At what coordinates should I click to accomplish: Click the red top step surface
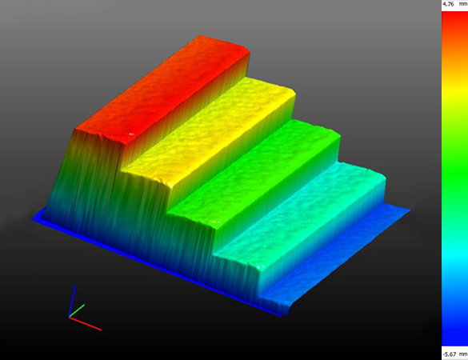point(162,90)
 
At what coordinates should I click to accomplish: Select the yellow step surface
point(209,131)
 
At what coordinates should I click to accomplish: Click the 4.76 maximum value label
point(448,4)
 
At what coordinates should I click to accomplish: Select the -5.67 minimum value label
point(450,354)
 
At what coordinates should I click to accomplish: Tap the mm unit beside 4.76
point(463,4)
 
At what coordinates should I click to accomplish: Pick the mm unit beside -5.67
point(463,354)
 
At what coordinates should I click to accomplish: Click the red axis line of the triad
point(86,323)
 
